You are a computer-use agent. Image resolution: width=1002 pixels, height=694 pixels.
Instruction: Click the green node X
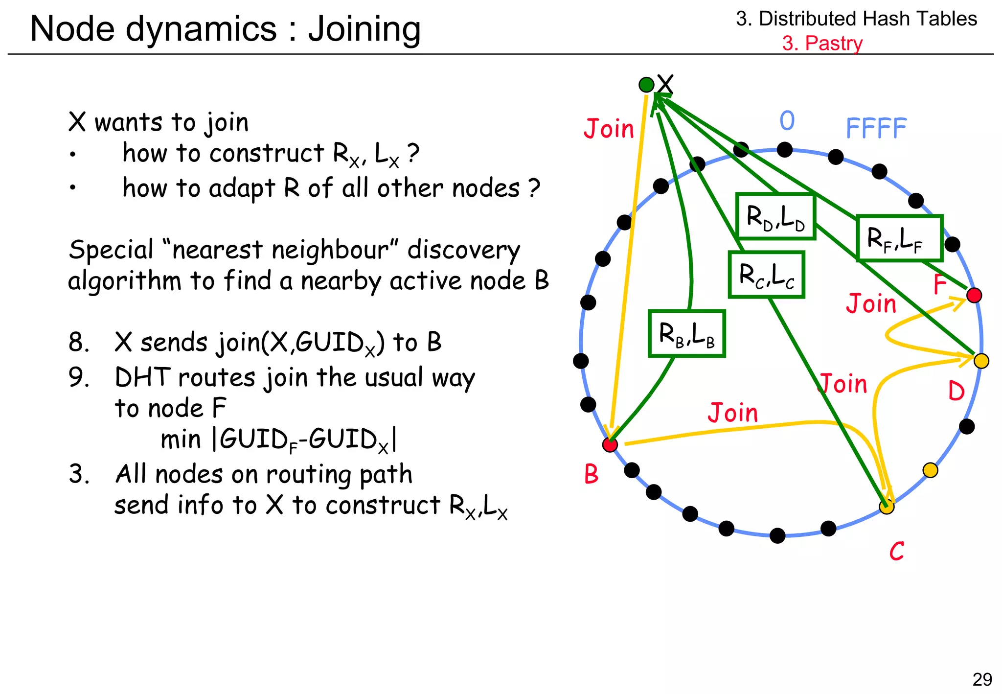click(646, 85)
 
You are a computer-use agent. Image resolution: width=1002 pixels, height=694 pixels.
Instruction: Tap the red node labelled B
click(610, 444)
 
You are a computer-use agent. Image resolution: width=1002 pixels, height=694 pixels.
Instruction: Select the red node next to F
click(974, 295)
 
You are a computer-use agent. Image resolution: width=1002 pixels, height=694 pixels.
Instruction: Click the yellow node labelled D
click(981, 361)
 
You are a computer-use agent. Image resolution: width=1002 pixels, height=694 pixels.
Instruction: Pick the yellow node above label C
click(887, 507)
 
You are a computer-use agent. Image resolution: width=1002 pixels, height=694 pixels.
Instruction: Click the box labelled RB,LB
click(686, 334)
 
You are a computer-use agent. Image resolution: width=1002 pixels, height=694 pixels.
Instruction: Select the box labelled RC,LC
click(766, 275)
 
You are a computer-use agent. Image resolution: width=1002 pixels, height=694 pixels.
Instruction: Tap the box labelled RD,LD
click(775, 216)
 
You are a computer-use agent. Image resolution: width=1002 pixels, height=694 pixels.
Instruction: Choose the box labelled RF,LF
click(899, 238)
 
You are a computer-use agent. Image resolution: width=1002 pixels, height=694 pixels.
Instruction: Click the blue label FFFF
click(876, 129)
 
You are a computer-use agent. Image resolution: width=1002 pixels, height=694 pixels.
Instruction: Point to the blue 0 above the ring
click(787, 120)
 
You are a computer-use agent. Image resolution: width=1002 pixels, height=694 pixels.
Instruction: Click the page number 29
click(982, 679)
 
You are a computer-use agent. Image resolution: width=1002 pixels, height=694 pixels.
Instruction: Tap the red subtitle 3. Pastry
click(822, 43)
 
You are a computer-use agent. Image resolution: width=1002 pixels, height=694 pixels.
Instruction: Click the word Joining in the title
click(364, 29)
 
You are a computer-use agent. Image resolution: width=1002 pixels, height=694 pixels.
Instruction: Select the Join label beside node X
click(609, 129)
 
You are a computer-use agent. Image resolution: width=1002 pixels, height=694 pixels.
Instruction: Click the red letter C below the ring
click(896, 551)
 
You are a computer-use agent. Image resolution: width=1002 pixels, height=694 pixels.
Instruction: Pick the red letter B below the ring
click(591, 474)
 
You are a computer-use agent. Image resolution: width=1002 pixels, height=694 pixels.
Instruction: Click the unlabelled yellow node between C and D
click(930, 470)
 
